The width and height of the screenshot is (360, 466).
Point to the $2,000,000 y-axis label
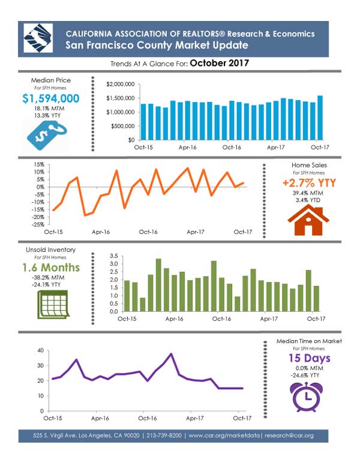[x=119, y=85]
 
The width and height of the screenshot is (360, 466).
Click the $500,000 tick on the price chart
[x=122, y=126]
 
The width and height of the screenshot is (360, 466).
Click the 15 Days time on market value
[x=308, y=359]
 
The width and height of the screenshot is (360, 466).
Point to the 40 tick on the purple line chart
[x=40, y=350]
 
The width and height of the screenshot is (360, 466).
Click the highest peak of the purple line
[x=172, y=354]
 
